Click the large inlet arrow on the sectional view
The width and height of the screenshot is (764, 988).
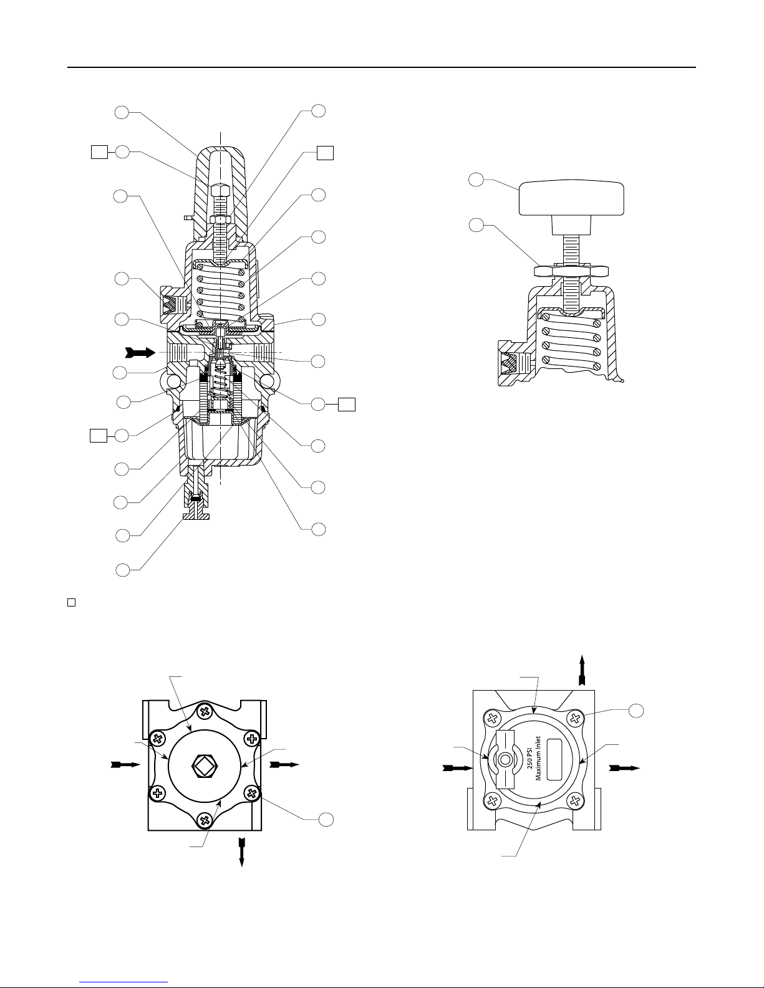(x=140, y=352)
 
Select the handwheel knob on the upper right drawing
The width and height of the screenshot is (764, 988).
(x=572, y=198)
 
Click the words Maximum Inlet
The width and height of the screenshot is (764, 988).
(x=538, y=759)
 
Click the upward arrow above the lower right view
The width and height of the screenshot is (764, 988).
(x=581, y=670)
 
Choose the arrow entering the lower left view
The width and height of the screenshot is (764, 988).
(x=125, y=765)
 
